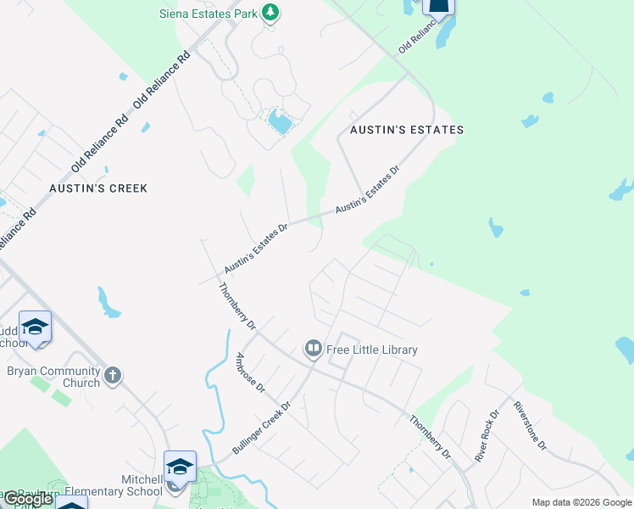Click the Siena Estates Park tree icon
click(270, 13)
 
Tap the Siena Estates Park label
click(209, 14)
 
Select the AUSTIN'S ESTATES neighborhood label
click(401, 130)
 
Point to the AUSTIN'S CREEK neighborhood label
click(98, 187)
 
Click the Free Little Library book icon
click(313, 349)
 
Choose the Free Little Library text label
click(372, 350)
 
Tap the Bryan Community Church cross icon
click(113, 374)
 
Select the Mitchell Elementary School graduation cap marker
click(179, 467)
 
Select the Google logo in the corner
click(28, 499)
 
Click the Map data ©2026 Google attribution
click(581, 502)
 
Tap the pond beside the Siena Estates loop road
click(280, 123)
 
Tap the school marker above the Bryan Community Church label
click(36, 327)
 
